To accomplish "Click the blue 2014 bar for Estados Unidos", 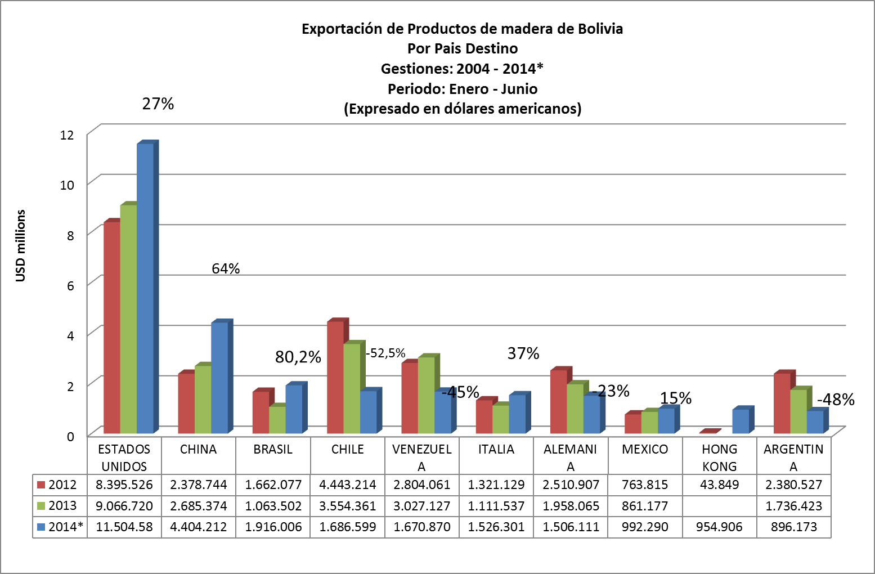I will (145, 287).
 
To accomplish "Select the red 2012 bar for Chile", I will (335, 377).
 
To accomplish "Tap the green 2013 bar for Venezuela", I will (426, 394).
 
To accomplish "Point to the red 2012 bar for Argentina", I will (782, 403).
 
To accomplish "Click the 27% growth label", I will (158, 104).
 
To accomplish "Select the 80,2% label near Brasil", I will (298, 357).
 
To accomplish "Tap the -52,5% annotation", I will (385, 353).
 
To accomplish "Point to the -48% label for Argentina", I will (836, 400).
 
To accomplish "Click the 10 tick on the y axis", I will (67, 185).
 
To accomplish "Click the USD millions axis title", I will (21, 245).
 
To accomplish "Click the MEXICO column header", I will (645, 449).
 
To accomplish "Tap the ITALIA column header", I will (496, 449).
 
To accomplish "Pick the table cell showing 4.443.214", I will (348, 485).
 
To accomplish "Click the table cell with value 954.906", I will (719, 527).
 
